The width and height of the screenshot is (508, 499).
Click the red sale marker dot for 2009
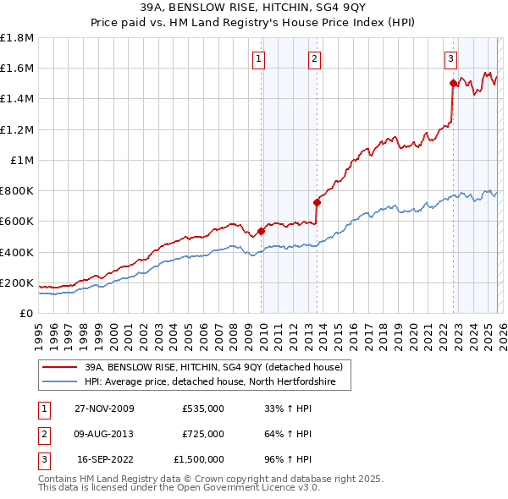coord(262,231)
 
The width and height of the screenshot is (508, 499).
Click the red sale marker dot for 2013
coord(317,202)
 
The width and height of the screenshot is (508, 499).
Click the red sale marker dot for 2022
coord(453,83)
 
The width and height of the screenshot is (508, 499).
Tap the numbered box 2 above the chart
coord(314,58)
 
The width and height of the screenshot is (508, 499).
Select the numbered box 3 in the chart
coord(450,58)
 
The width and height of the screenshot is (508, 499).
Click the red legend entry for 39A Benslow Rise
coord(213,367)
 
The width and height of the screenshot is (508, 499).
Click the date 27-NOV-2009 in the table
coord(105,409)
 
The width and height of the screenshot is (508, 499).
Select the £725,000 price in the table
coord(202,434)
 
